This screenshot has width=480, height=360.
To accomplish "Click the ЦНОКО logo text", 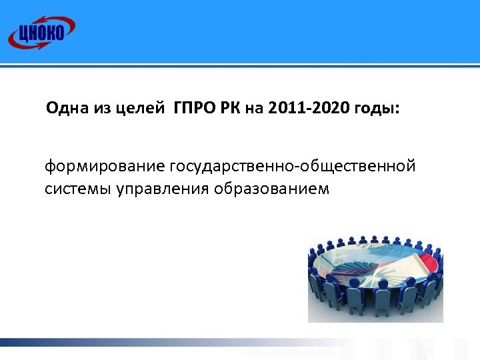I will [x=41, y=33].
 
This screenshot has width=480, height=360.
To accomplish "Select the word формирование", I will [x=105, y=165].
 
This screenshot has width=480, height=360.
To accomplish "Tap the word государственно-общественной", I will [x=293, y=165].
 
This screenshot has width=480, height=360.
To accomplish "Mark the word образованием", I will [x=271, y=189].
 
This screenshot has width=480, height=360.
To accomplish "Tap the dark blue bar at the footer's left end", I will [x=20, y=343].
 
